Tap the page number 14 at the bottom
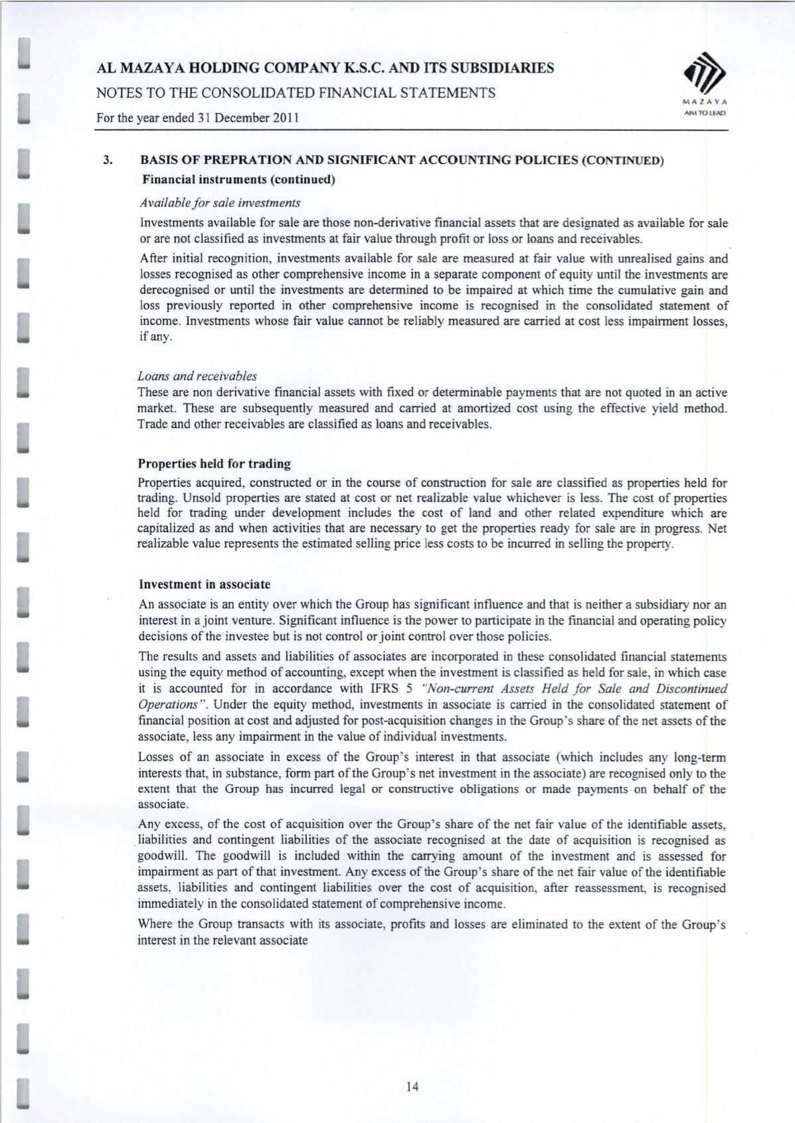pyautogui.click(x=412, y=1086)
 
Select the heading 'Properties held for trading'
pyautogui.click(x=214, y=464)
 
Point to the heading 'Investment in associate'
pyautogui.click(x=205, y=584)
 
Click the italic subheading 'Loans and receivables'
pyautogui.click(x=197, y=377)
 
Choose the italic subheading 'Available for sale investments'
pyautogui.click(x=220, y=202)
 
